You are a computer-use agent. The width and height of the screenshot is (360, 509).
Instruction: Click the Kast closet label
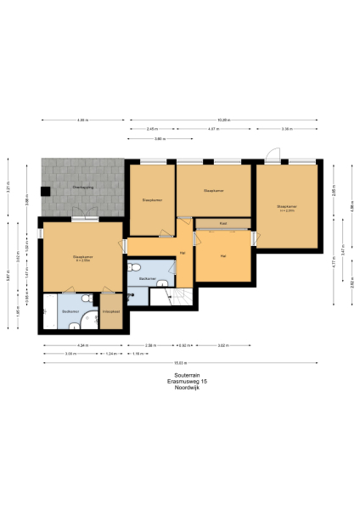(222, 224)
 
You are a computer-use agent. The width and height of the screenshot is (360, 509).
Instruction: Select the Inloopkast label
(111, 311)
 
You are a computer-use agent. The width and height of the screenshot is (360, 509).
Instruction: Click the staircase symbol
(183, 296)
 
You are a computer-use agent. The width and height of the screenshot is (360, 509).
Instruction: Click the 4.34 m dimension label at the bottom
(82, 345)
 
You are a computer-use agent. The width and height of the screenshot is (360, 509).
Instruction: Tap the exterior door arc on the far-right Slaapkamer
(272, 155)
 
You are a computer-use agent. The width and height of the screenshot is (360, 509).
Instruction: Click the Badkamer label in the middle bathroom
(147, 278)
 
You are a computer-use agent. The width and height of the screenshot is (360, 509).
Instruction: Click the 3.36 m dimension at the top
(287, 129)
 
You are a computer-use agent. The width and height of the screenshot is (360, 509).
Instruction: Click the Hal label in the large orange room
(222, 255)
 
